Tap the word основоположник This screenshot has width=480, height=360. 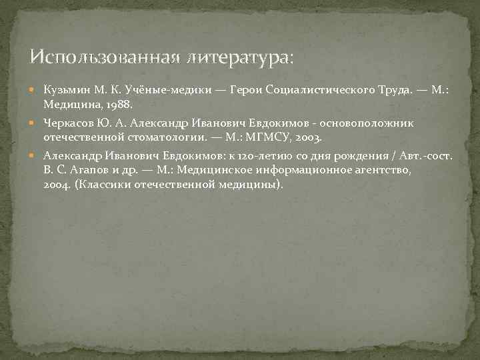[374, 123]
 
